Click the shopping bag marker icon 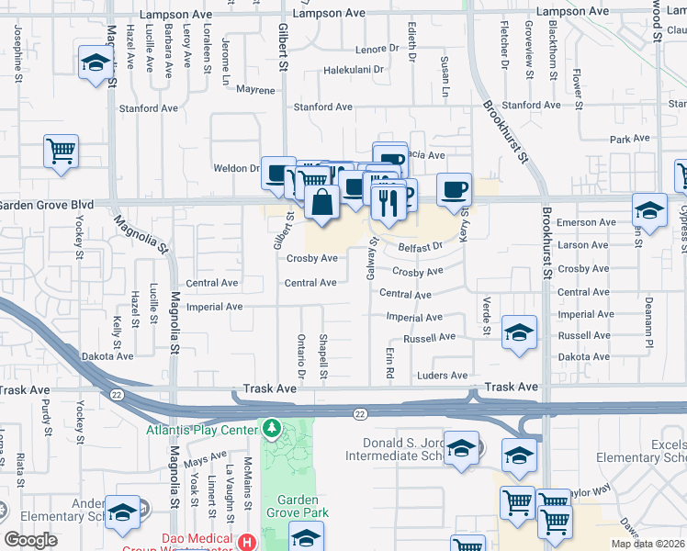(x=321, y=202)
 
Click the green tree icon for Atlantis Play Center (x=271, y=428)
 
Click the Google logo (x=30, y=540)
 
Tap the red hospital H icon (x=245, y=541)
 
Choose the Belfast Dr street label (x=422, y=246)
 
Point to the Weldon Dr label (x=236, y=168)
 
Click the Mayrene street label (x=255, y=91)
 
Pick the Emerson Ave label (x=587, y=222)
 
